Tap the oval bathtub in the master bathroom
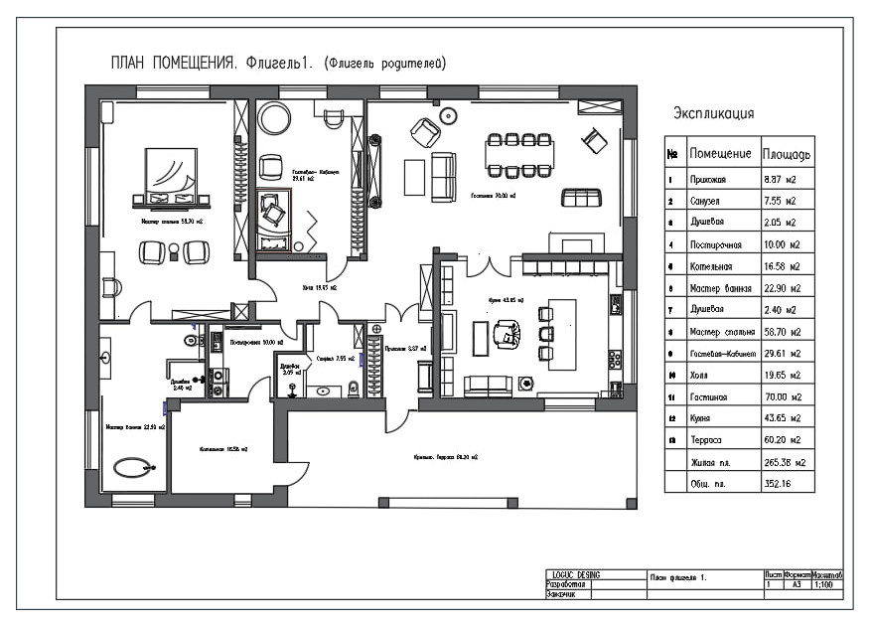132,465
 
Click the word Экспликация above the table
713,113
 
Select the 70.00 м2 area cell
782,396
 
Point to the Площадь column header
787,155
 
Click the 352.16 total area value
780,483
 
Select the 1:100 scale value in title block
824,586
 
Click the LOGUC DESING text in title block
576,575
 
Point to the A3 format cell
796,586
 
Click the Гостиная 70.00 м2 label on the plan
493,197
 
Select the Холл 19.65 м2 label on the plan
320,288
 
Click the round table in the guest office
274,120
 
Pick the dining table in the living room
519,155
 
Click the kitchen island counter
562,334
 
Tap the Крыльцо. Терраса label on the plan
446,457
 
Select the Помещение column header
720,155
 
